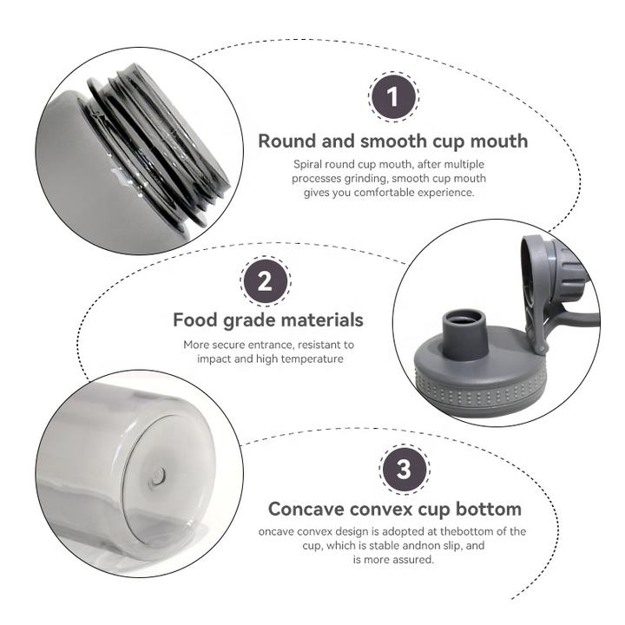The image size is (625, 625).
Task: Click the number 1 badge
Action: [393, 97]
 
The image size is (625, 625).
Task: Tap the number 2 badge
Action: [265, 281]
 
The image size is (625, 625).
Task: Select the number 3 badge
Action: [404, 469]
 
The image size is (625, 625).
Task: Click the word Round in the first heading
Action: [287, 141]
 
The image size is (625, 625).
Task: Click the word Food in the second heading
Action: [195, 320]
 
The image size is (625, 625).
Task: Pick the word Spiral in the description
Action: [307, 164]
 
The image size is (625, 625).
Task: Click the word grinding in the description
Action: [366, 179]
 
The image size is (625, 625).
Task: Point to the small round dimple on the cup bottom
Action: [157, 477]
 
